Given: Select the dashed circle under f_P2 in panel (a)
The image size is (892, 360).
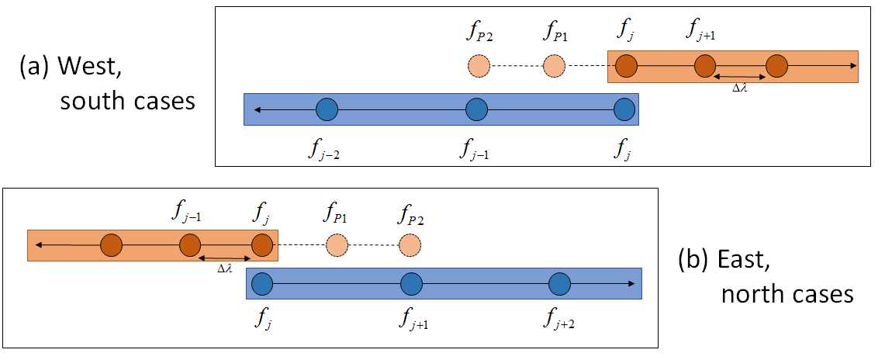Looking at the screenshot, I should (479, 67).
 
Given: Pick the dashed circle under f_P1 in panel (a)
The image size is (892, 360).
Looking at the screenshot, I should (554, 67).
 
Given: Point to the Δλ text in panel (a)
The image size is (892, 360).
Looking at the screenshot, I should (740, 88).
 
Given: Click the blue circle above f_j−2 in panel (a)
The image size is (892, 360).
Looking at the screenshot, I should (327, 109).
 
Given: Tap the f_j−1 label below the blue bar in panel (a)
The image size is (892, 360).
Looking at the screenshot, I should (474, 147).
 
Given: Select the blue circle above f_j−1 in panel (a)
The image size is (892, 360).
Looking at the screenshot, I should (476, 109).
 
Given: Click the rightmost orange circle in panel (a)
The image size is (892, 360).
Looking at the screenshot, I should (776, 67).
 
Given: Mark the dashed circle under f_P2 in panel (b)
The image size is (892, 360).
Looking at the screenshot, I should (410, 246).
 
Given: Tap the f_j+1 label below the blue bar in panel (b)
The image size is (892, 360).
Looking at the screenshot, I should (412, 317).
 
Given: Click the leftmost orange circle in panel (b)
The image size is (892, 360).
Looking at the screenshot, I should (112, 246).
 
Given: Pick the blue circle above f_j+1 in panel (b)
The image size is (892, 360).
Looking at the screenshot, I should (411, 284).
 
